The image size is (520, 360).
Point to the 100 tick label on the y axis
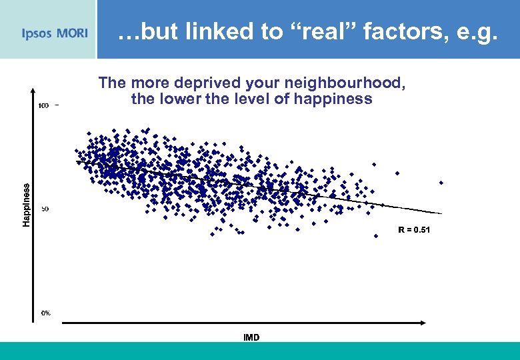43,105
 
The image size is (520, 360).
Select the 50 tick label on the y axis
45,209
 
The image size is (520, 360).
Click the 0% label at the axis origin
45,313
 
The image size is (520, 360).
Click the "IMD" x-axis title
251,337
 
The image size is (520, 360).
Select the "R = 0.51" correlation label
414,229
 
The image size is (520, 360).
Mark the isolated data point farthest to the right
441,182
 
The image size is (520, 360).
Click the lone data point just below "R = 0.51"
376,235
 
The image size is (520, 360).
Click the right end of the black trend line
441,213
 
